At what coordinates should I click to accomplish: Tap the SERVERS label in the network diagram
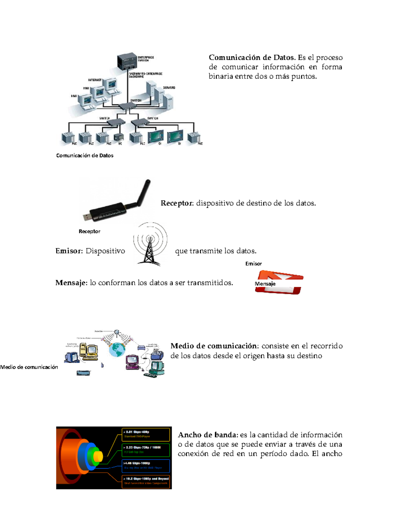coord(169,88)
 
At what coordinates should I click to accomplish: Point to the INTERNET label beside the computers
coord(95,80)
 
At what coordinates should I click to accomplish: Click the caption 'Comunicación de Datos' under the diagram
coord(85,156)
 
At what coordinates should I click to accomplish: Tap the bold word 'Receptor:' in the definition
coord(177,203)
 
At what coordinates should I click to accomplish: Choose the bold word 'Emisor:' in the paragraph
coord(69,251)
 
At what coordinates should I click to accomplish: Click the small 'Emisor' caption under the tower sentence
coord(253,264)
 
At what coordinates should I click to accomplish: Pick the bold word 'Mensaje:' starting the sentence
coord(71,283)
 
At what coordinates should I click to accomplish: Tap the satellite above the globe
coord(116,332)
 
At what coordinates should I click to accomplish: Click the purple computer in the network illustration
coord(132,362)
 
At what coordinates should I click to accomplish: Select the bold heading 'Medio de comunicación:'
coord(214,346)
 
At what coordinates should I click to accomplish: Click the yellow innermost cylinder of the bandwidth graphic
coord(98,457)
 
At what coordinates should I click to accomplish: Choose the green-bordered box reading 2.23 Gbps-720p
coord(146,450)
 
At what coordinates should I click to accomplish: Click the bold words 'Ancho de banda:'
coord(208,435)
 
